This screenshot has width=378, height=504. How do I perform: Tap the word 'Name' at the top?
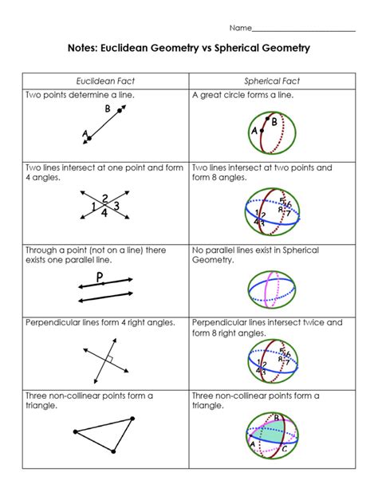[241, 28]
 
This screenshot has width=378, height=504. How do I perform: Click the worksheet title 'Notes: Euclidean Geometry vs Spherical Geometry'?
[189, 49]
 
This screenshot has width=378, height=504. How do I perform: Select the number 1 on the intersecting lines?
[94, 207]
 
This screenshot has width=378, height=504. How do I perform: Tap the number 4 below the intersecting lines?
[105, 214]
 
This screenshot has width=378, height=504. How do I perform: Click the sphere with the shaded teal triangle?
[272, 436]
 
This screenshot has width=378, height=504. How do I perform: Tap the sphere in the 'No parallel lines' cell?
[272, 289]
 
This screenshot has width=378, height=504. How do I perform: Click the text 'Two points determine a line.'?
[80, 95]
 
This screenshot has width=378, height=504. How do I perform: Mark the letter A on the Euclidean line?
[83, 134]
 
